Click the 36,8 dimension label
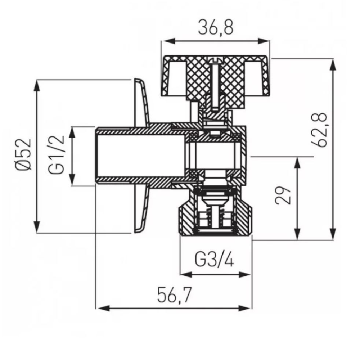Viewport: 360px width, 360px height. click(216, 27)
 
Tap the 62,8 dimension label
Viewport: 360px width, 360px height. click(319, 130)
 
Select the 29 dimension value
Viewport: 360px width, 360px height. click(283, 195)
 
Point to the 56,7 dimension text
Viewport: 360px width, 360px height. click(174, 295)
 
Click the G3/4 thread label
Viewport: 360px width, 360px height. click(215, 260)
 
